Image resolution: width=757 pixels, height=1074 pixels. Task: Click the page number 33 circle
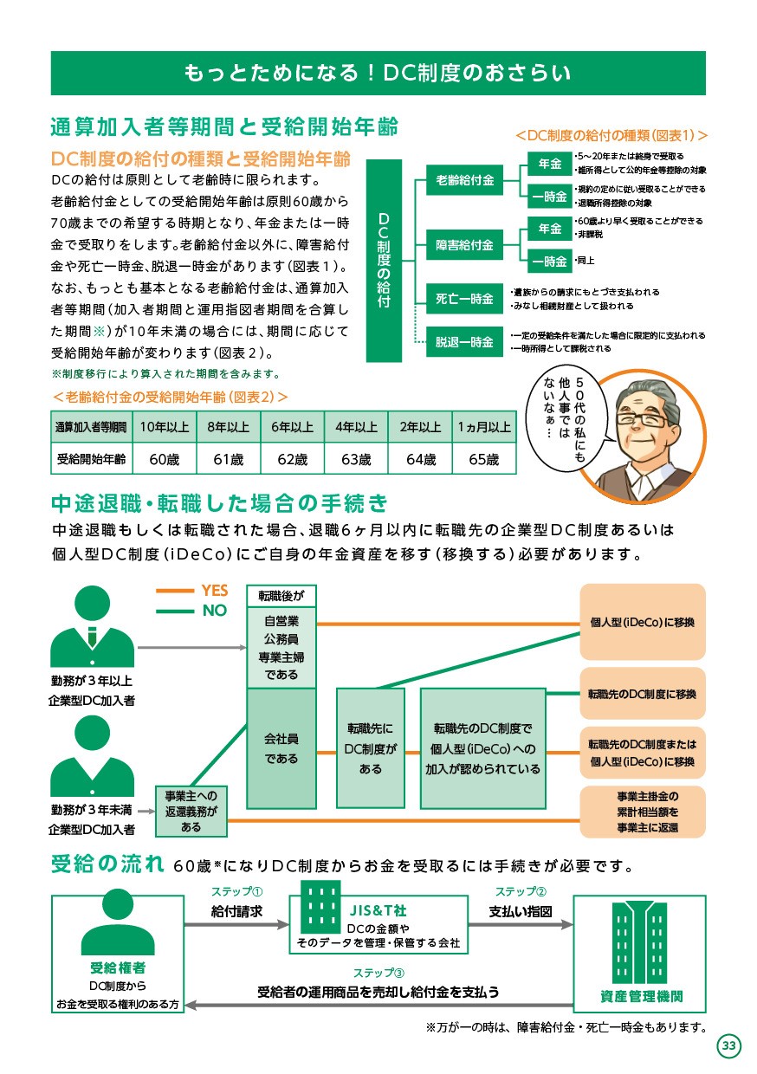[728, 1045]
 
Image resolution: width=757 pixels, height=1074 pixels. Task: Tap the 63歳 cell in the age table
[356, 459]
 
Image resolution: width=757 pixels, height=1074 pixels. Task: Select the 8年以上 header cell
[228, 426]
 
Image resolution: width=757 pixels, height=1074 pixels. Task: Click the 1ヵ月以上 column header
[484, 426]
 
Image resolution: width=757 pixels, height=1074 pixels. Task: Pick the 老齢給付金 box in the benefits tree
[464, 180]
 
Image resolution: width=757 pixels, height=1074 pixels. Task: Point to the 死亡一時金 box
[464, 299]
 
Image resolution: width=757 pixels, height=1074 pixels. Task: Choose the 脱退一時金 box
[464, 341]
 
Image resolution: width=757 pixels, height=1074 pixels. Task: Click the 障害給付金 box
[464, 245]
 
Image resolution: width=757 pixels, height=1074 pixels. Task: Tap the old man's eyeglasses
[644, 420]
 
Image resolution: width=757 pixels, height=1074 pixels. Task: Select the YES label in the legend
[214, 590]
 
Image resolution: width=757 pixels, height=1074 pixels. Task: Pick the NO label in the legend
[214, 611]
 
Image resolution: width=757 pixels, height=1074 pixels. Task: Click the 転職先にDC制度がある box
[370, 748]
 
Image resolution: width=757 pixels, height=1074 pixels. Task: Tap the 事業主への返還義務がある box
[191, 812]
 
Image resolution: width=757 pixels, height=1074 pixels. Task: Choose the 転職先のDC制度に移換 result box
[643, 694]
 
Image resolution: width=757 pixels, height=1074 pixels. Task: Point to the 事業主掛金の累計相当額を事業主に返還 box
[643, 812]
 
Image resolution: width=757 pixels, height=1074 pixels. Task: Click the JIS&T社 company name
[378, 910]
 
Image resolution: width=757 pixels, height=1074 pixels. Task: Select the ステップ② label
[521, 891]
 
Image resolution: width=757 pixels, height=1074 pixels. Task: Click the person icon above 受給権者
[118, 922]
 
